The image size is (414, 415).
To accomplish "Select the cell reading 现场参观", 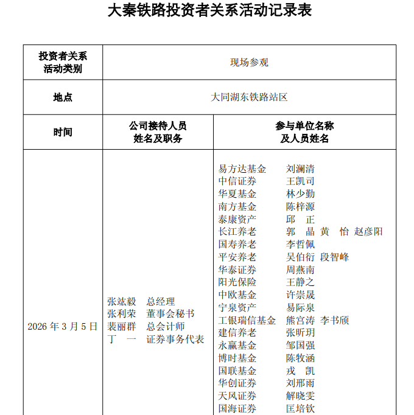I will pos(249,62).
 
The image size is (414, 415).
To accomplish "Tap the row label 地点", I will pos(63,97).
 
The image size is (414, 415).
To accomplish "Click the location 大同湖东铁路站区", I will pos(249,97).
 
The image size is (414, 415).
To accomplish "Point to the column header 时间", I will pos(63,132).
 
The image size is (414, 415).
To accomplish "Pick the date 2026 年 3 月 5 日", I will pos(63,327).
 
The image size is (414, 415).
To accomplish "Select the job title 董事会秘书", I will pos(170,314).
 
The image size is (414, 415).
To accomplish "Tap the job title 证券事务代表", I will pos(175,340).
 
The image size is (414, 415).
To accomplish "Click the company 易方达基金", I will pos(242,169).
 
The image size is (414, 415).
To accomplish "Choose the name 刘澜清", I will pos(301,169).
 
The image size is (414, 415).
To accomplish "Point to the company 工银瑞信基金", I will pos(247,320).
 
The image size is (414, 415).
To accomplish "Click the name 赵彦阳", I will pos(369,232).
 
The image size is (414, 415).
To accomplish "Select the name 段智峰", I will pos(335,257).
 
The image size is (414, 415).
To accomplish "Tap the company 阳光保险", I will pos(237,282).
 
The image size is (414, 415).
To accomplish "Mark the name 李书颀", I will pos(335,320).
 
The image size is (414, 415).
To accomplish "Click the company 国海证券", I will pos(237,409).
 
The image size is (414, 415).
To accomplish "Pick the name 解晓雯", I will pos(301,396).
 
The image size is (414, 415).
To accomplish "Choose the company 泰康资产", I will pos(237,219).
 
